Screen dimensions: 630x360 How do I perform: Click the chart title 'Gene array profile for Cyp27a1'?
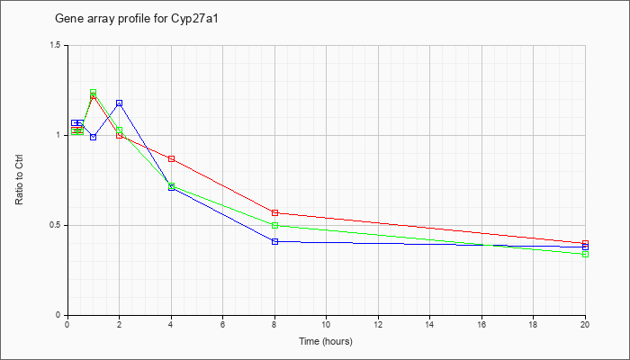[137, 19]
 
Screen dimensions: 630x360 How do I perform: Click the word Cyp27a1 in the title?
[199, 19]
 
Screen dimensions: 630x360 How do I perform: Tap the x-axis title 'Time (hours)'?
[326, 341]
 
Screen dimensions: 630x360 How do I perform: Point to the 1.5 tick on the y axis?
[56, 45]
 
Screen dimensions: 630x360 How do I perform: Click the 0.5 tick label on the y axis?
[56, 225]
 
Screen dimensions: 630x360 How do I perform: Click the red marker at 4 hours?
[171, 158]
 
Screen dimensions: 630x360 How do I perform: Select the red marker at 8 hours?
[274, 212]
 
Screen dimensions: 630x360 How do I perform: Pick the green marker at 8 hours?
[274, 225]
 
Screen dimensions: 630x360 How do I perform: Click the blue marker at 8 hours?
[274, 241]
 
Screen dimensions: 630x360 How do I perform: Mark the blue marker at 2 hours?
[120, 103]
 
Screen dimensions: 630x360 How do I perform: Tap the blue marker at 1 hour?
[94, 137]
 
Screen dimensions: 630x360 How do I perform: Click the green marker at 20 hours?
[585, 255]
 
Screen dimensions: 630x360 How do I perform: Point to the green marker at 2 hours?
[120, 130]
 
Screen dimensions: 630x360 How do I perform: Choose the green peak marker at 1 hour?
[94, 93]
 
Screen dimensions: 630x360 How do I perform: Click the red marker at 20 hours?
[585, 244]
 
